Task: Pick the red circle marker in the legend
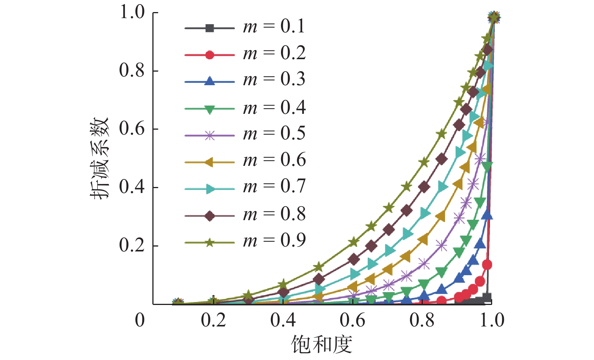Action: [x=210, y=55]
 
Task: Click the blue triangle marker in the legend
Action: [x=210, y=81]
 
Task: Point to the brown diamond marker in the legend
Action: [x=210, y=216]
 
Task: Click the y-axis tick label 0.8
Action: [x=132, y=70]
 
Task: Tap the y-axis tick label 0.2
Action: [x=132, y=245]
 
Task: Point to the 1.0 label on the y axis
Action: [x=132, y=12]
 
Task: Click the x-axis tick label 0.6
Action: [x=352, y=320]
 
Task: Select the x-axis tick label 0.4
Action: [x=283, y=320]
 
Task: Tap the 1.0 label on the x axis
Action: [x=492, y=320]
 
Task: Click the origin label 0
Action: [x=140, y=320]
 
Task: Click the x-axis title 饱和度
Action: [x=321, y=345]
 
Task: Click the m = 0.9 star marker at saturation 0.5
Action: [x=319, y=267]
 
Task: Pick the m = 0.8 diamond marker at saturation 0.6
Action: [x=354, y=259]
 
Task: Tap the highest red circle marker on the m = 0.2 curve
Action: [x=487, y=265]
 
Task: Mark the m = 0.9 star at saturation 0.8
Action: [x=424, y=162]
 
